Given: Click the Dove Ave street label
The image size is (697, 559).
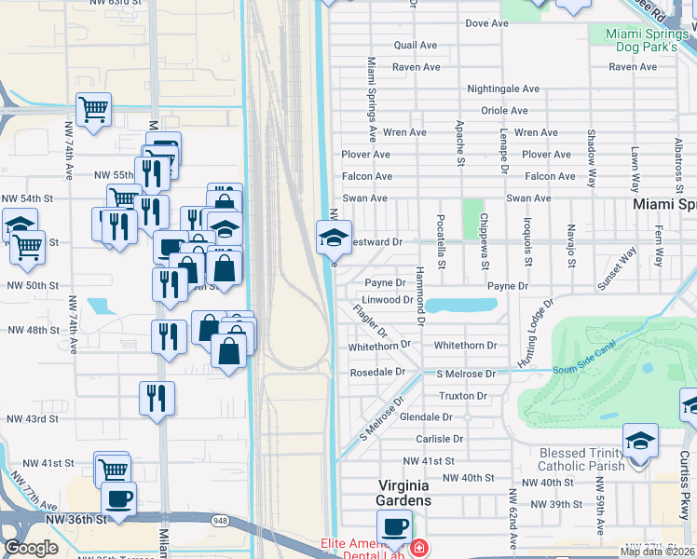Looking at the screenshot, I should (490, 22).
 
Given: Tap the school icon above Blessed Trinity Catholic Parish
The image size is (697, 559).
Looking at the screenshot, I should (640, 441).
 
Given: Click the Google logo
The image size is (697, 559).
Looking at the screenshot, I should (31, 548).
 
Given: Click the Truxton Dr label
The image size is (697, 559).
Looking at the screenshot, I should (462, 396).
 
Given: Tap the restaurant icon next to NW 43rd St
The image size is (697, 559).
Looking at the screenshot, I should (157, 398).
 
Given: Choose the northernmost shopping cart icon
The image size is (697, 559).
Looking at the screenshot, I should (93, 110).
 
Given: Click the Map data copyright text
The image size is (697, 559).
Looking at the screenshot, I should (657, 552).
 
